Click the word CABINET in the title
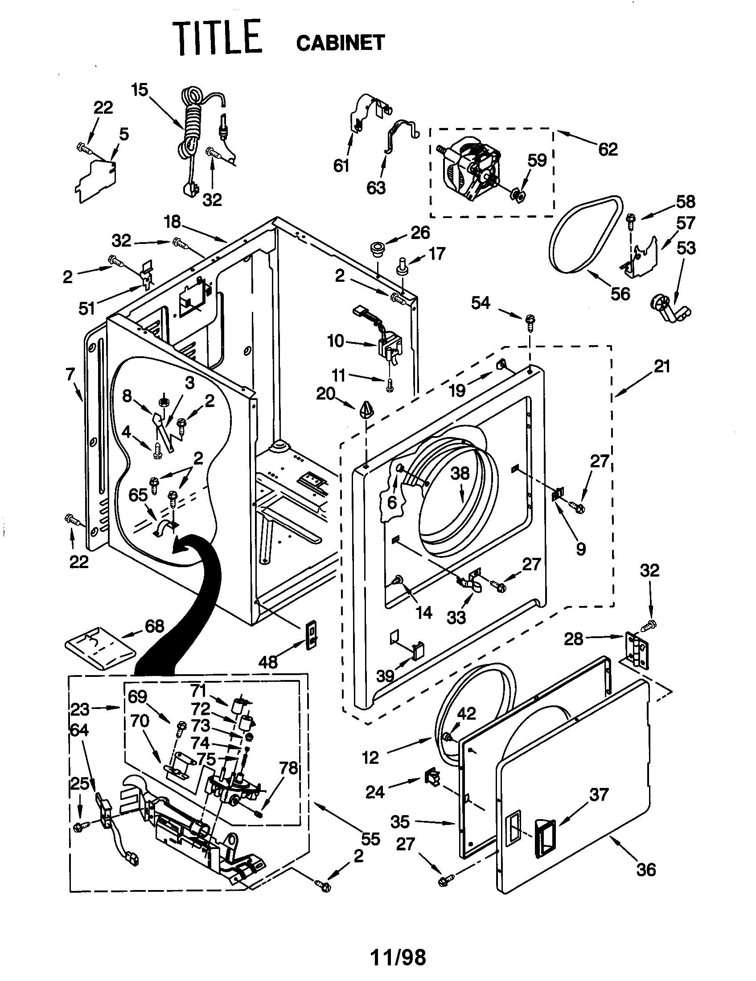[340, 43]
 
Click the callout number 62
[608, 148]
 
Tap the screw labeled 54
[530, 322]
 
